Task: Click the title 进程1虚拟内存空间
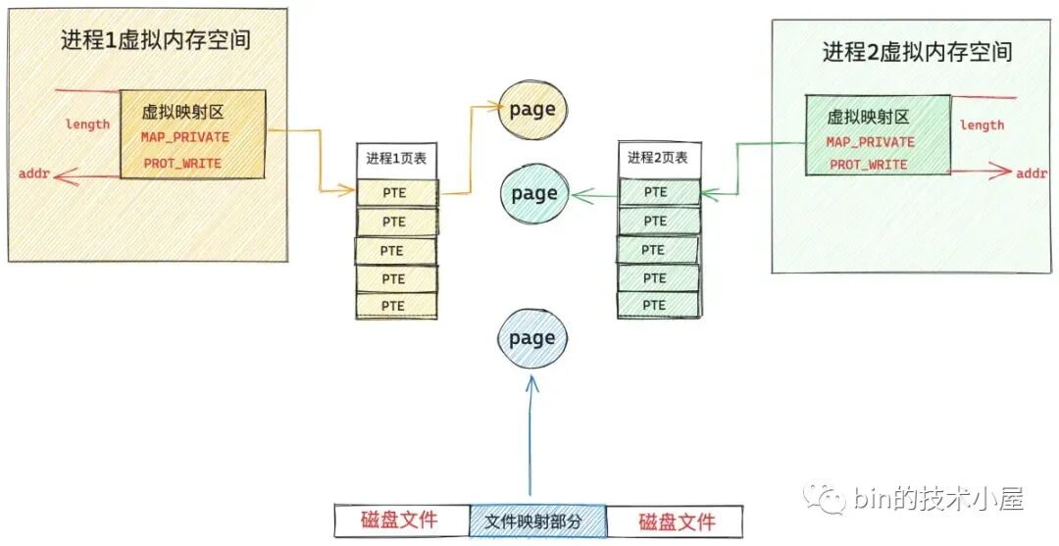point(156,41)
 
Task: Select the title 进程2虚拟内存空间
point(917,51)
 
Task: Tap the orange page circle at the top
point(533,109)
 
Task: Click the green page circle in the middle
point(533,193)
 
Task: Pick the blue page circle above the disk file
point(532,338)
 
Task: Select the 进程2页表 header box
point(658,158)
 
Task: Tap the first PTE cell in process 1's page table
point(395,193)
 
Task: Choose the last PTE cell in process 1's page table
point(395,306)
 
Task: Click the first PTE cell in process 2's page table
point(658,191)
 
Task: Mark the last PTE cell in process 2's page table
point(658,305)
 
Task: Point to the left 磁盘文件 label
point(399,520)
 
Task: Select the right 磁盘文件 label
point(677,521)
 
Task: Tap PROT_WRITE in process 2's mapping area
point(869,165)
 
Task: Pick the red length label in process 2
point(982,124)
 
